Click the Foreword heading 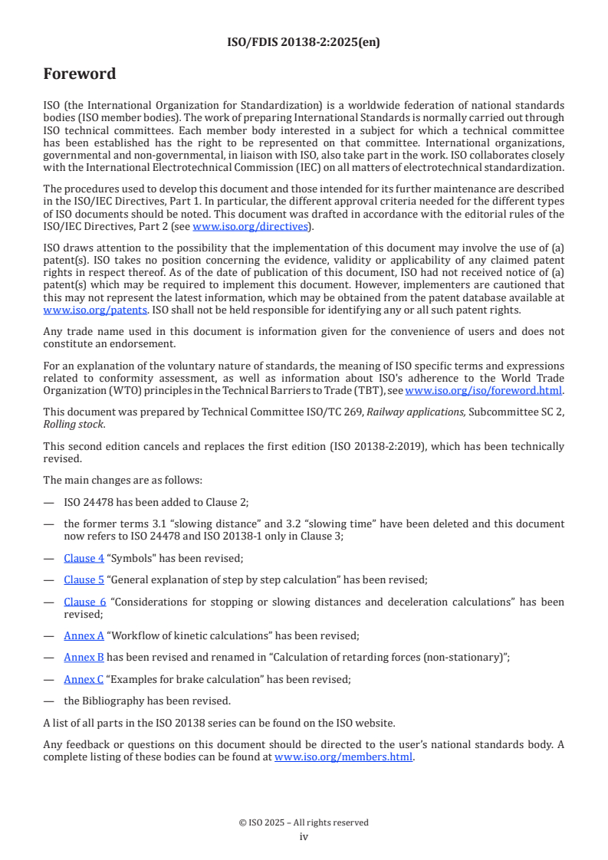[80, 74]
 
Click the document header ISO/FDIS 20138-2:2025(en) [304, 42]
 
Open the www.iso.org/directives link [250, 226]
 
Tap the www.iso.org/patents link [75, 310]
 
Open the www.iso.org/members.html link [343, 757]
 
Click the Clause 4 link [84, 559]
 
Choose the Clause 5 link [84, 580]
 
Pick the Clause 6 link [84, 602]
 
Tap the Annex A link [84, 635]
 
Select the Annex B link [84, 657]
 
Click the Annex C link [84, 679]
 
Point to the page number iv [304, 837]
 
